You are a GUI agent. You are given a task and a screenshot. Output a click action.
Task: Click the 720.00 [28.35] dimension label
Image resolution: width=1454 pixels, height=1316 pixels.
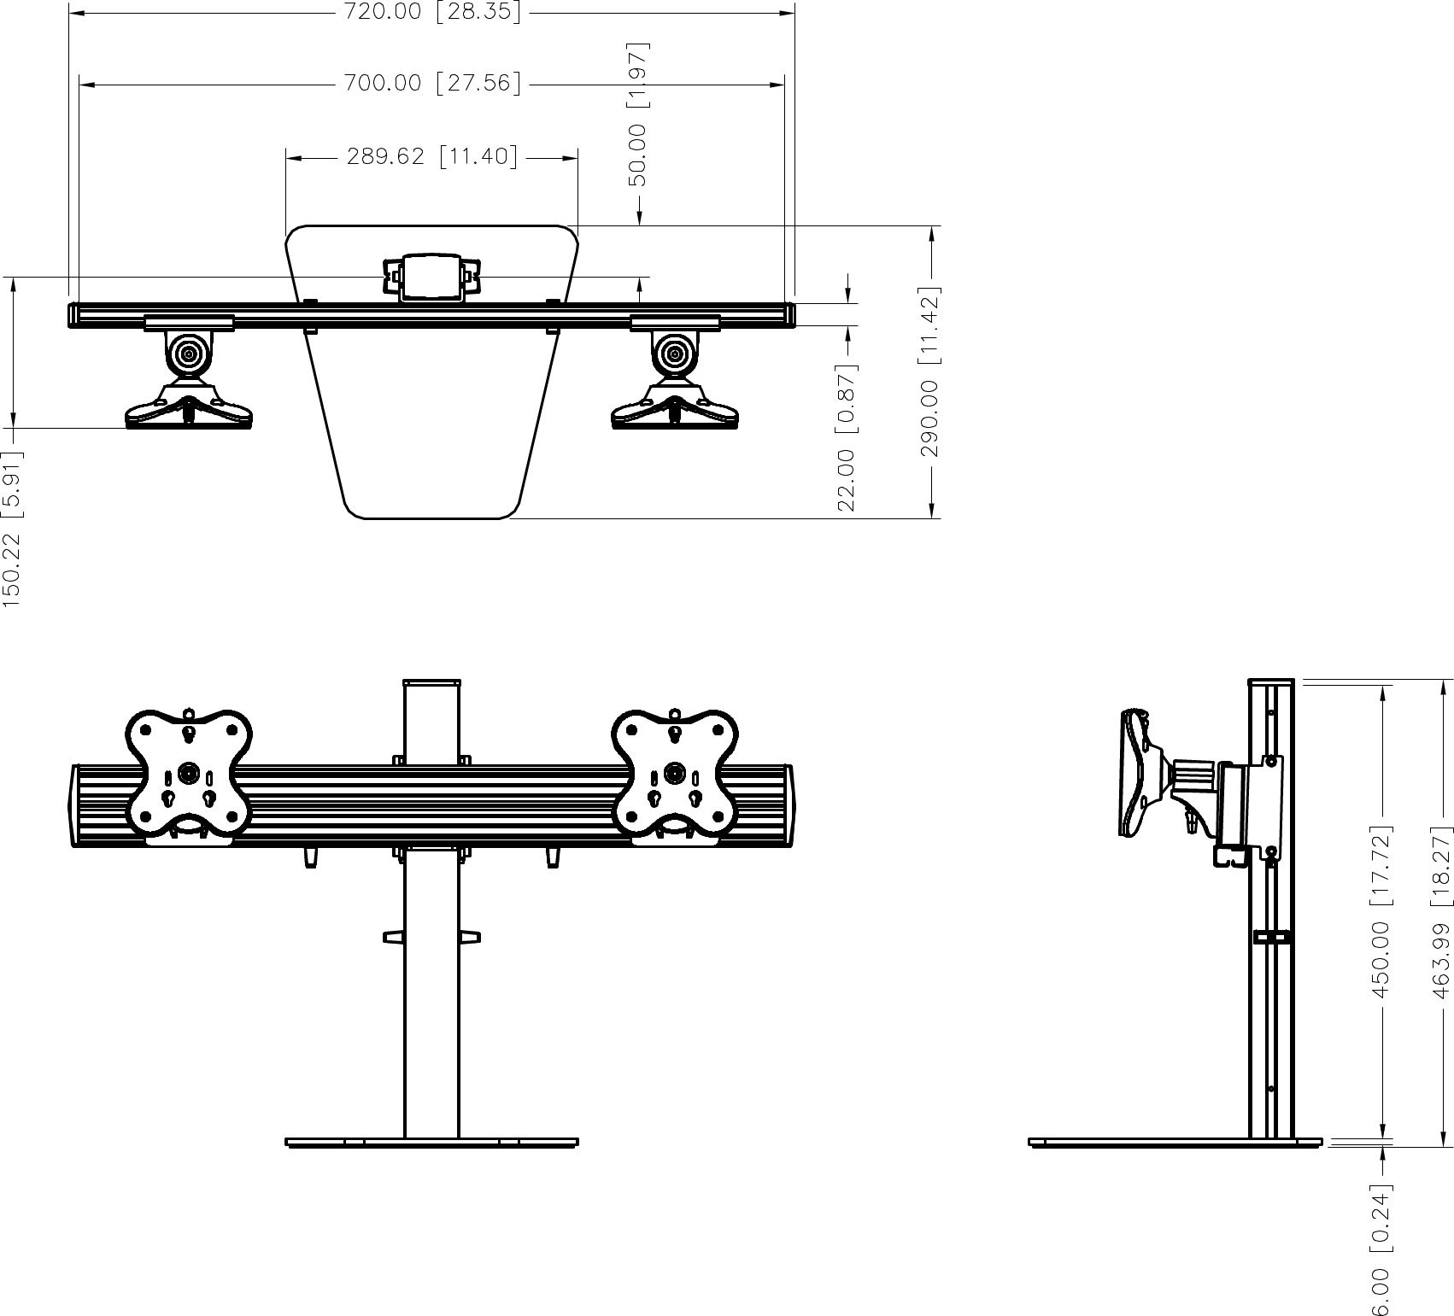click(431, 12)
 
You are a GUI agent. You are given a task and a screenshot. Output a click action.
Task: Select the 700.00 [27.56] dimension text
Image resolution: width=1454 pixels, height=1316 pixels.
click(431, 83)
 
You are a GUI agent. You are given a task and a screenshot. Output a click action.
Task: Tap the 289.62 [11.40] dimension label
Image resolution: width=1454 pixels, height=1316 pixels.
click(431, 157)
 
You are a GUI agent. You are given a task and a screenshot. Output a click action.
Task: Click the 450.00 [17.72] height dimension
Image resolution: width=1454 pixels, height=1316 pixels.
click(1381, 911)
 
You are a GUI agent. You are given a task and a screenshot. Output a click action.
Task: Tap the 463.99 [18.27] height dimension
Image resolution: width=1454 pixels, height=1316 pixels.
click(1441, 911)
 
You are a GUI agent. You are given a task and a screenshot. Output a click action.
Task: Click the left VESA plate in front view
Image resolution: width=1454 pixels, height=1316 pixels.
click(189, 771)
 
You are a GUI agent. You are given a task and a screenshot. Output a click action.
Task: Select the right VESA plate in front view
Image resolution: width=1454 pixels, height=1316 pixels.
click(676, 771)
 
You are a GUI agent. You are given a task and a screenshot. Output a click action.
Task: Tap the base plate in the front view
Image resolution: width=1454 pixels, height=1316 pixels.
click(431, 1142)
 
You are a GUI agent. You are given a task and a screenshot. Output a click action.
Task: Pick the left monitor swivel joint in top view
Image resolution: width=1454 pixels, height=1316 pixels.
click(189, 354)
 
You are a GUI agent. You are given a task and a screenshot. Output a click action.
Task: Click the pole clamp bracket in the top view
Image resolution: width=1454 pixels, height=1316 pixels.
click(431, 277)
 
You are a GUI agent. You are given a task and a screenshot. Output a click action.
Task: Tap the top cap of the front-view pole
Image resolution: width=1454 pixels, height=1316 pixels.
click(431, 682)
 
